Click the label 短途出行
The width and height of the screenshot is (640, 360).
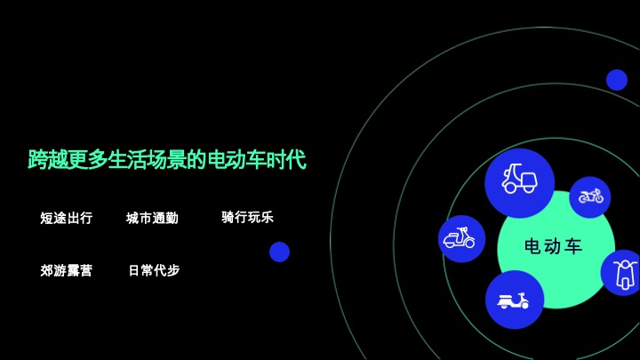click(66, 218)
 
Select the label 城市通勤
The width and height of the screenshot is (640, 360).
click(152, 218)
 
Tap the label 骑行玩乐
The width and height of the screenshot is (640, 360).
click(247, 217)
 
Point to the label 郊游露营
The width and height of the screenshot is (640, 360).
click(66, 270)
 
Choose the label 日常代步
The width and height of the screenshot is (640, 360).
click(154, 270)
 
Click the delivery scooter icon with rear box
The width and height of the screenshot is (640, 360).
click(519, 182)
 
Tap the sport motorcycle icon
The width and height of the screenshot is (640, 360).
click(590, 196)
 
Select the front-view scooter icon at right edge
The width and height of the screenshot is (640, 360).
click(624, 273)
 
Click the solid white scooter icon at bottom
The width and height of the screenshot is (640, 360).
click(515, 300)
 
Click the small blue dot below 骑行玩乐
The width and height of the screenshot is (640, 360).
click(280, 252)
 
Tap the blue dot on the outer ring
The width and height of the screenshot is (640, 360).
click(617, 80)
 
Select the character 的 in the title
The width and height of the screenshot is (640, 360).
click(198, 161)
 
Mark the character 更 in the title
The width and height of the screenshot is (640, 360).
click(77, 161)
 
